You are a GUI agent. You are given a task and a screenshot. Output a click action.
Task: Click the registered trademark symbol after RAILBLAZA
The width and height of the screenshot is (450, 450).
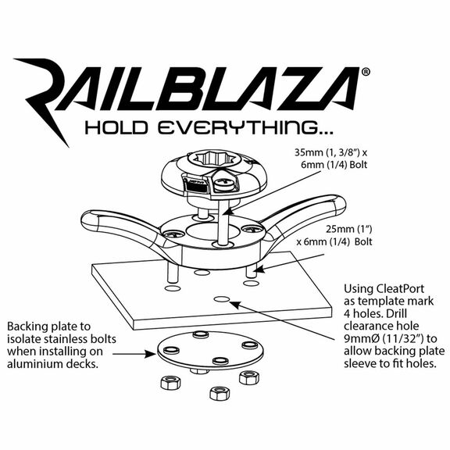(x=366, y=72)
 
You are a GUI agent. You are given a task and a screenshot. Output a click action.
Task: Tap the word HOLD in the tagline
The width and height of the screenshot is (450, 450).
(x=116, y=127)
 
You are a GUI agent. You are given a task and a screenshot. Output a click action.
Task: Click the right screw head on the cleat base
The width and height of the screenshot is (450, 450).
(x=252, y=229)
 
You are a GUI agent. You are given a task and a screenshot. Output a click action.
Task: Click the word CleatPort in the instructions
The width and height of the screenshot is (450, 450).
(x=397, y=288)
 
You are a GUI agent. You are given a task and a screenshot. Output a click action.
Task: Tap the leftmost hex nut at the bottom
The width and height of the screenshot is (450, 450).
(x=171, y=382)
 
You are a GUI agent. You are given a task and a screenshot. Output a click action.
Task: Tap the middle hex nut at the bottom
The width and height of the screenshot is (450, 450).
(x=220, y=393)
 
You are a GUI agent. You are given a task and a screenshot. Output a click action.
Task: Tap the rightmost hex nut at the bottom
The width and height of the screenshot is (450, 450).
(x=249, y=377)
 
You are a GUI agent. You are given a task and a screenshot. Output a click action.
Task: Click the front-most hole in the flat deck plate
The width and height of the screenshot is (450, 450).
(x=222, y=299)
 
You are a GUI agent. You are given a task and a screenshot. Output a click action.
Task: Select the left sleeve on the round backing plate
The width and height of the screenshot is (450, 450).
(x=171, y=350)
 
